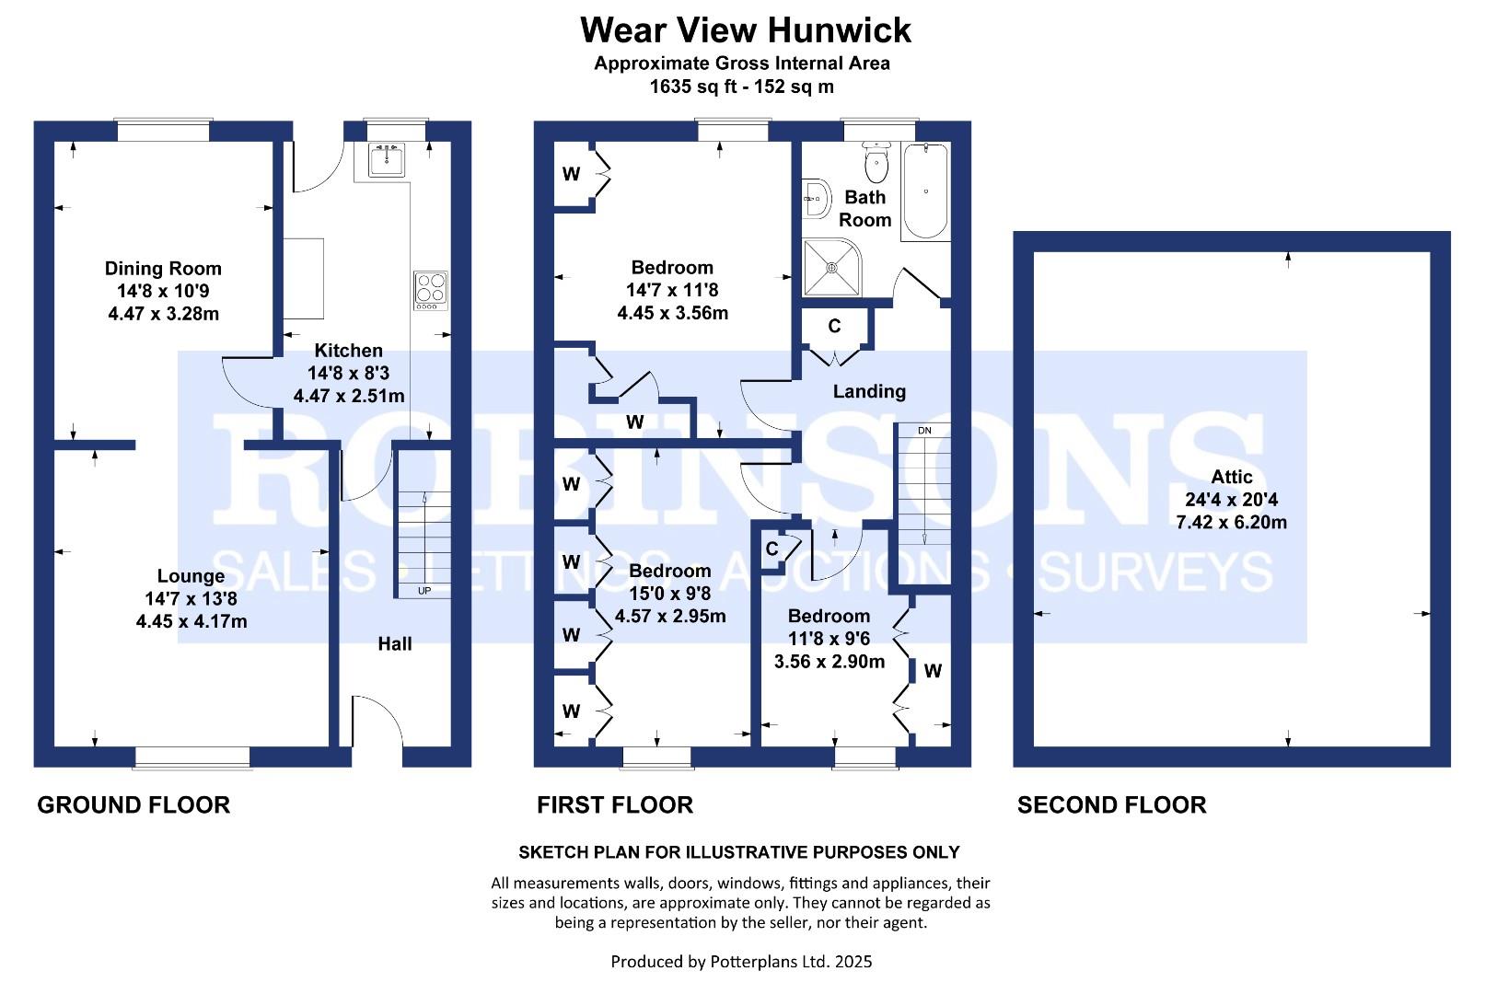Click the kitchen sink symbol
pyautogui.click(x=387, y=160)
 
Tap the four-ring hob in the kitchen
pyautogui.click(x=430, y=288)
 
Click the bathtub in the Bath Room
pyautogui.click(x=924, y=191)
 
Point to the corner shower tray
pyautogui.click(x=831, y=267)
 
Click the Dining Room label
pyautogui.click(x=163, y=269)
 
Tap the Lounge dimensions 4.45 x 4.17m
pyautogui.click(x=191, y=621)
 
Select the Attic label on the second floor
pyautogui.click(x=1231, y=477)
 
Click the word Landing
pyautogui.click(x=869, y=392)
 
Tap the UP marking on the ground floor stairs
pyautogui.click(x=424, y=590)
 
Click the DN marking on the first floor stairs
pyautogui.click(x=924, y=431)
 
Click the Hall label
pyautogui.click(x=394, y=644)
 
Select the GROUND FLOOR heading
pyautogui.click(x=133, y=805)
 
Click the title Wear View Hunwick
pyautogui.click(x=745, y=30)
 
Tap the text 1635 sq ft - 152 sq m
pyautogui.click(x=741, y=87)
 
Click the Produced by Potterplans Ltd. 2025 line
pyautogui.click(x=741, y=962)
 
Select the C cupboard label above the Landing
pyautogui.click(x=834, y=326)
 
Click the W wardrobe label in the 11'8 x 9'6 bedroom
pyautogui.click(x=933, y=671)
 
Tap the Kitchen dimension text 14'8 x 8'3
pyautogui.click(x=348, y=374)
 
